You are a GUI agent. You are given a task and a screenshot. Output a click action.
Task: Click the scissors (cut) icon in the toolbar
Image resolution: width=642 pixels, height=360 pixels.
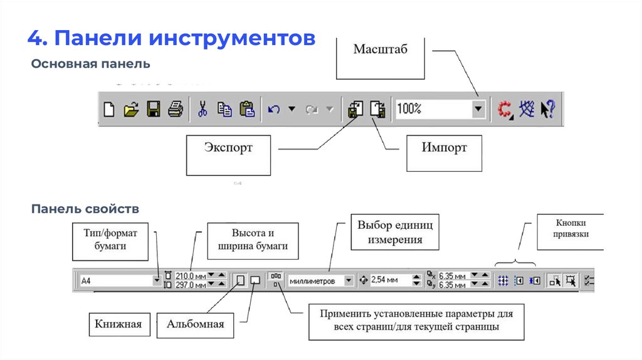pyautogui.click(x=203, y=109)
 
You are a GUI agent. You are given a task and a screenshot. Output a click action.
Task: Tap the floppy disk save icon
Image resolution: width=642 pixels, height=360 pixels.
pyautogui.click(x=154, y=109)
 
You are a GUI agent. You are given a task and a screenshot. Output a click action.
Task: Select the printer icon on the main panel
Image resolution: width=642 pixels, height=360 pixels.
pyautogui.click(x=176, y=109)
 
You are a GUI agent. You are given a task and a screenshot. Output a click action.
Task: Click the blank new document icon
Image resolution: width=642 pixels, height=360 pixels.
pyautogui.click(x=109, y=109)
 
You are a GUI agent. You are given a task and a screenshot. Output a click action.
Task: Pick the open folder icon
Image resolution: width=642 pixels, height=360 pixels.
pyautogui.click(x=131, y=109)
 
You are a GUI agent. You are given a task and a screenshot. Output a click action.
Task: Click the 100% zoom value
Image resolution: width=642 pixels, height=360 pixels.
pyautogui.click(x=409, y=109)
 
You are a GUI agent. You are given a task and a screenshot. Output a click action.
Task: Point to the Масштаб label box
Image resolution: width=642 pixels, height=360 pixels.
pyautogui.click(x=381, y=58)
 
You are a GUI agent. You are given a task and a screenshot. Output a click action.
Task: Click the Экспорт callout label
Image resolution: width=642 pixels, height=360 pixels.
pyautogui.click(x=228, y=155)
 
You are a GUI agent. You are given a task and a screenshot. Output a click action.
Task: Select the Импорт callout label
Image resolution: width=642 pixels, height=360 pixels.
pyautogui.click(x=445, y=153)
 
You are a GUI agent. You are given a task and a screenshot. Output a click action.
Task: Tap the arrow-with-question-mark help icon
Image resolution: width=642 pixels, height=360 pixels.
pyautogui.click(x=548, y=109)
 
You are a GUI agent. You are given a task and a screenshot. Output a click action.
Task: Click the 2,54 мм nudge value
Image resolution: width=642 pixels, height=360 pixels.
pyautogui.click(x=384, y=280)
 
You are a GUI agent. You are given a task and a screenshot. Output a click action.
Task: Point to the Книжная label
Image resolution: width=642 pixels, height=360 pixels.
pyautogui.click(x=119, y=324)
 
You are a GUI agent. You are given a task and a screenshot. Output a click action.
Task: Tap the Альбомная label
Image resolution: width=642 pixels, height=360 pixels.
pyautogui.click(x=196, y=325)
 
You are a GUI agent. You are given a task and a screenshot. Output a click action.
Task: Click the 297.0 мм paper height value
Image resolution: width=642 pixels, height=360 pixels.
pyautogui.click(x=191, y=285)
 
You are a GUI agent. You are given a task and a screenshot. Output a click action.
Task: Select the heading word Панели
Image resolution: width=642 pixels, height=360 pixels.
pyautogui.click(x=98, y=38)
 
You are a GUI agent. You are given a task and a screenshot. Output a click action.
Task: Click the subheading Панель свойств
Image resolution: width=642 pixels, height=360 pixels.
pyautogui.click(x=85, y=209)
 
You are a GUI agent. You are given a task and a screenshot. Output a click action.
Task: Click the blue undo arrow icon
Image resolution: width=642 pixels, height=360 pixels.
pyautogui.click(x=274, y=109)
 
